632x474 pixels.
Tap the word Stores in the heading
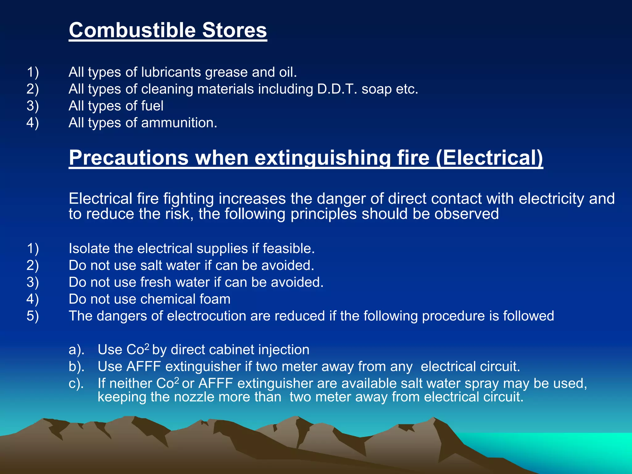(x=235, y=30)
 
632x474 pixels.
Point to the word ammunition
(x=179, y=123)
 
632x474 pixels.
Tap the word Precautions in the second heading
(x=128, y=158)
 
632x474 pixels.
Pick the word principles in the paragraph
(x=323, y=214)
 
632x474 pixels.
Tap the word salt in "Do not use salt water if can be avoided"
(x=152, y=265)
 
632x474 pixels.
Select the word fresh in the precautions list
(x=156, y=282)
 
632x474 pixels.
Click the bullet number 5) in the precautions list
(x=33, y=316)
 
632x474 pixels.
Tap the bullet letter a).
(x=76, y=350)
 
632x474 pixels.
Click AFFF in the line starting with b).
(x=144, y=367)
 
